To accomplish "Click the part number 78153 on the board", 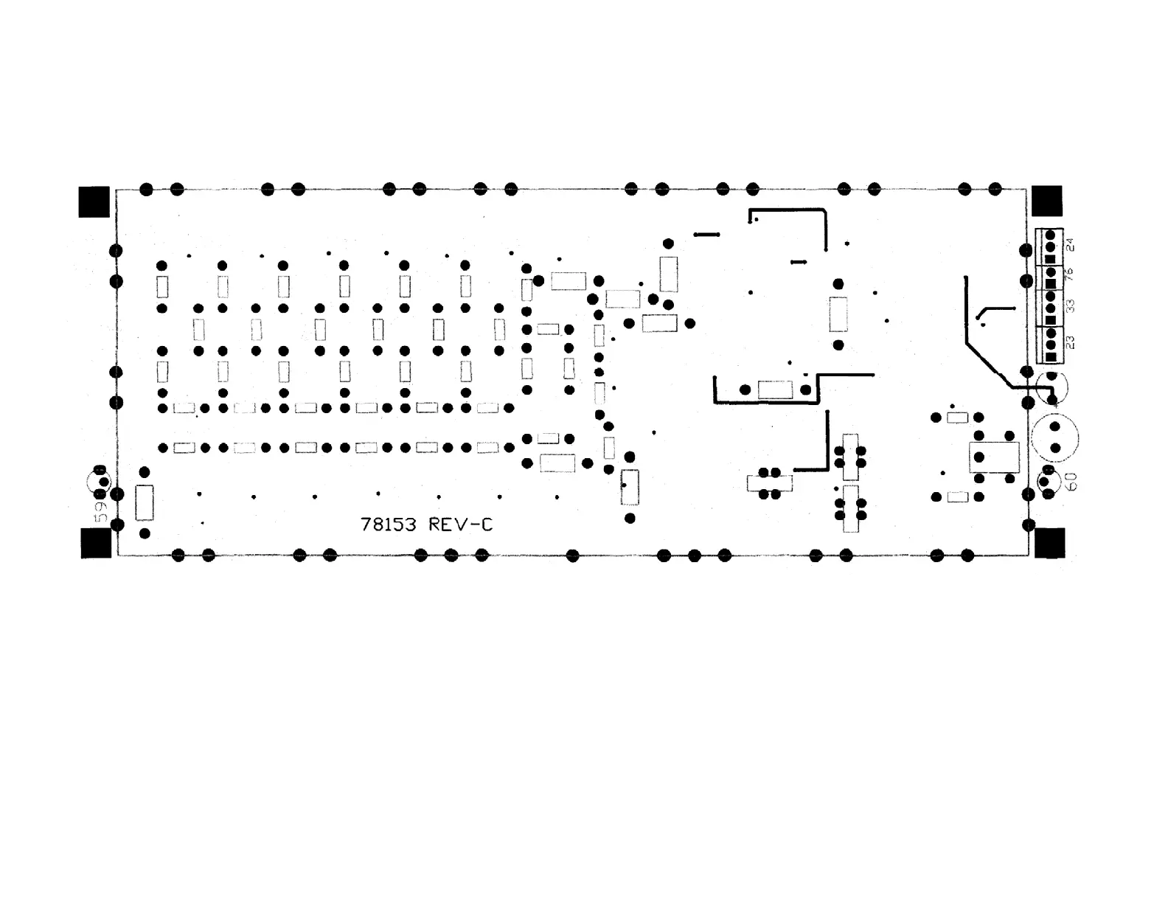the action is pyautogui.click(x=388, y=525).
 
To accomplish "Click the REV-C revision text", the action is pyautogui.click(x=460, y=525).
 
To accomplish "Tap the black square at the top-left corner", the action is pyautogui.click(x=94, y=201).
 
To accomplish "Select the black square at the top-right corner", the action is pyautogui.click(x=1046, y=201).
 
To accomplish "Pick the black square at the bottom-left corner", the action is pyautogui.click(x=96, y=543).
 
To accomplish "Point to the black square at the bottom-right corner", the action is pyautogui.click(x=1049, y=543).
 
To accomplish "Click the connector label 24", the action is pyautogui.click(x=1071, y=243).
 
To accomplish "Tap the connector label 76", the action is pyautogui.click(x=1071, y=274).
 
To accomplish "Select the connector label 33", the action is pyautogui.click(x=1071, y=305).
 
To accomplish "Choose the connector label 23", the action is pyautogui.click(x=1071, y=342).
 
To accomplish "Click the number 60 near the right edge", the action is pyautogui.click(x=1071, y=482).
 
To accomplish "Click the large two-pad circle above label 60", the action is pyautogui.click(x=1054, y=437).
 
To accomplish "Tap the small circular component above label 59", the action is pyautogui.click(x=100, y=480).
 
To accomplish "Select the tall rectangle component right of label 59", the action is pyautogui.click(x=145, y=502).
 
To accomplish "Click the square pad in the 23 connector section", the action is pyautogui.click(x=1051, y=357).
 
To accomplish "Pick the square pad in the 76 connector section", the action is pyautogui.click(x=1051, y=283).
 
